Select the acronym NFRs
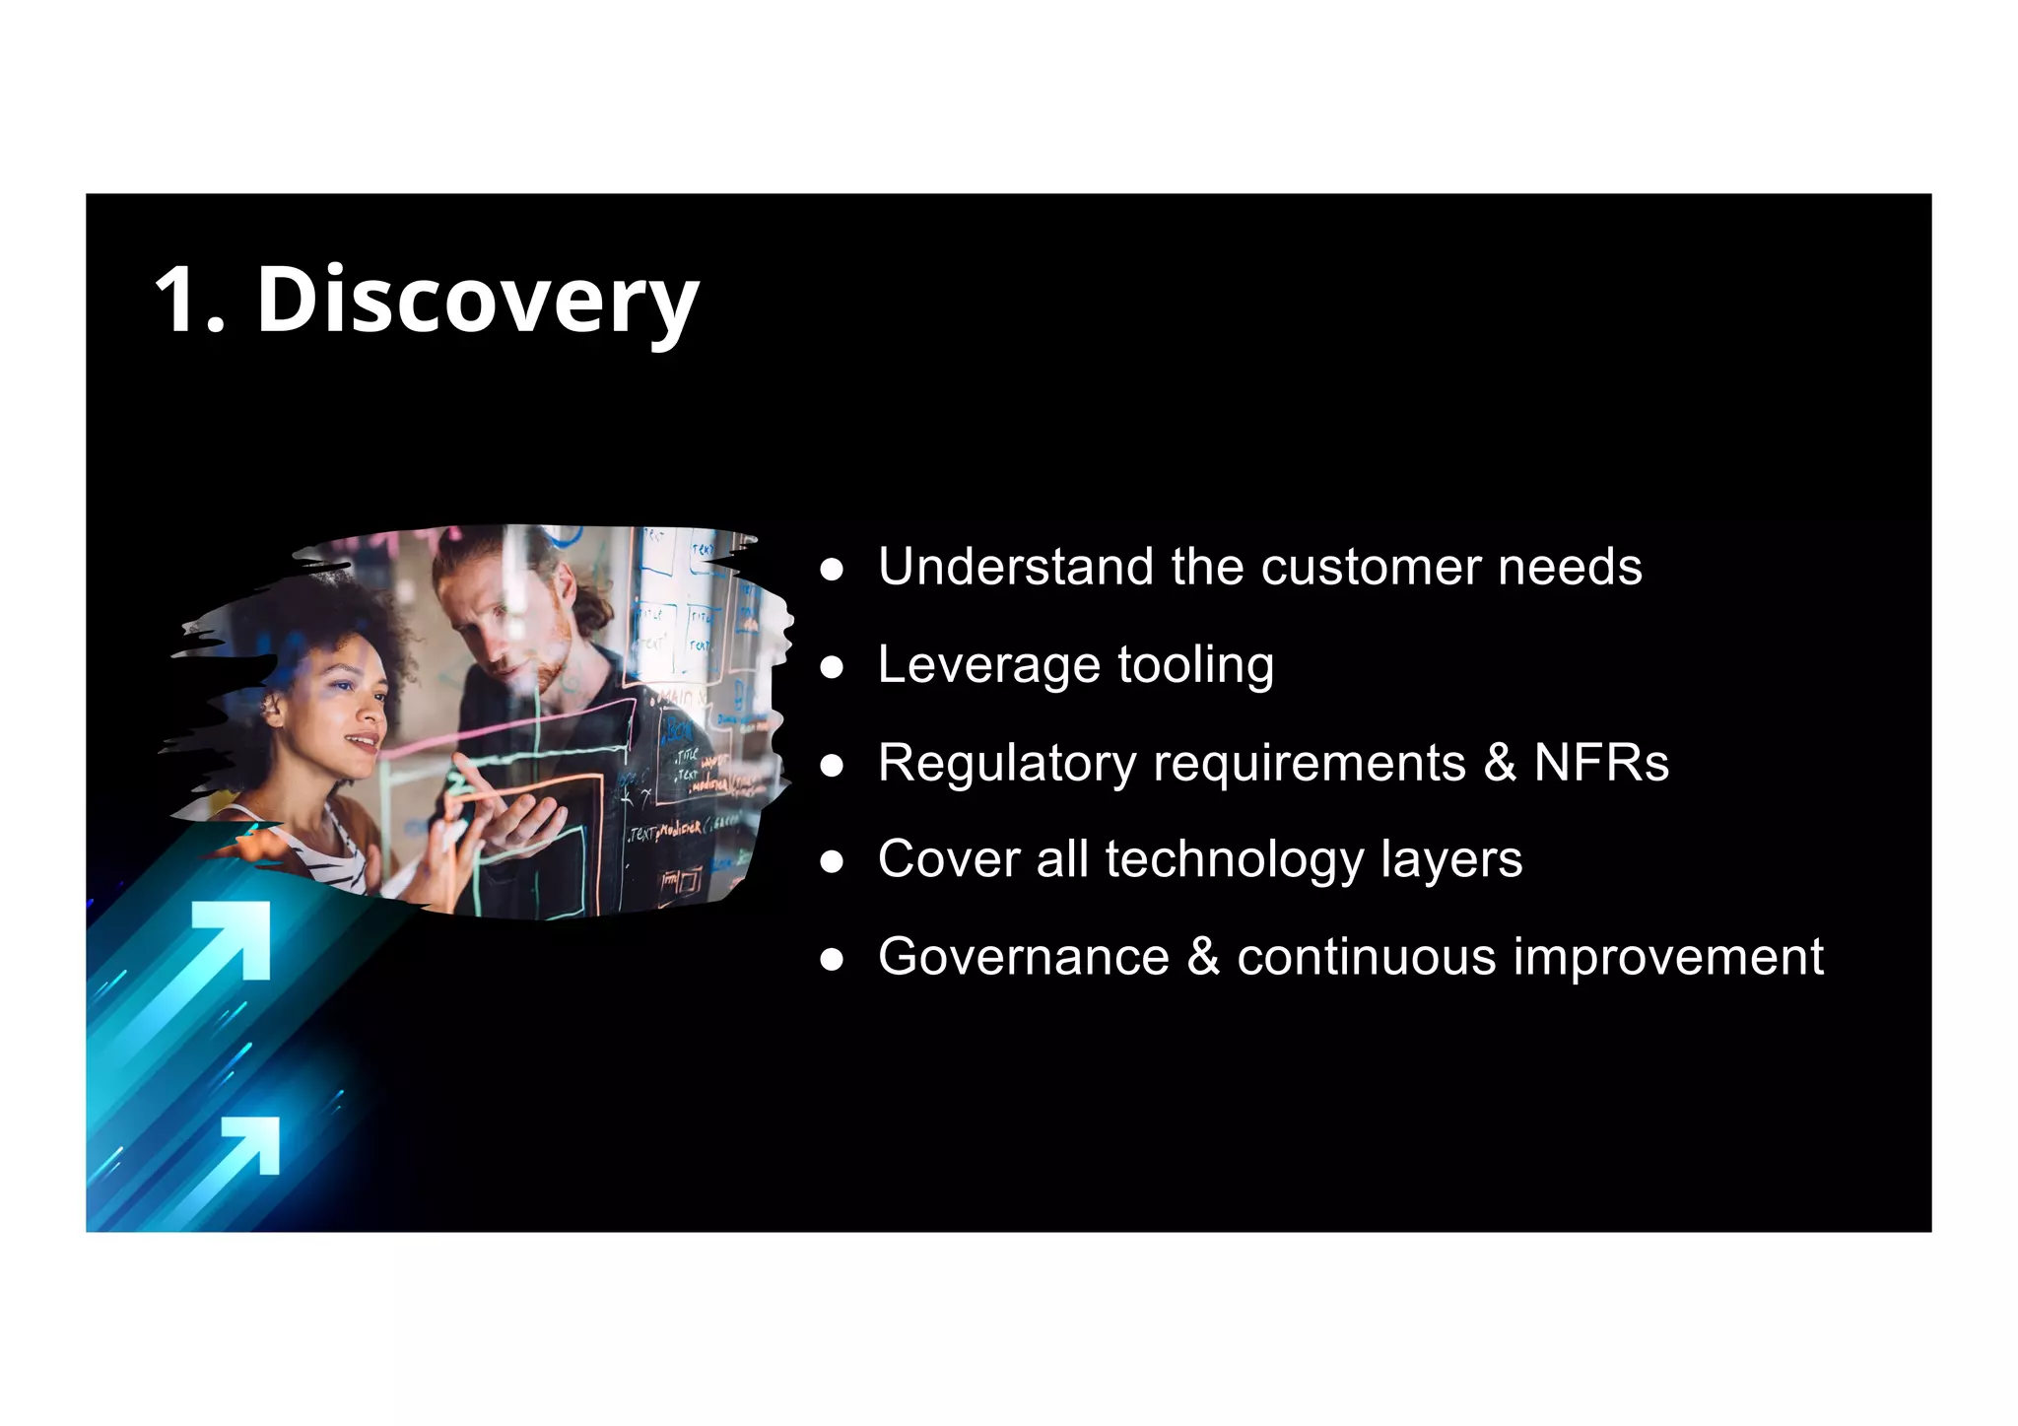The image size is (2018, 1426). point(1601,763)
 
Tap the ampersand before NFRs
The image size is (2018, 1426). point(1500,763)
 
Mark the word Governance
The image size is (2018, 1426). point(1024,957)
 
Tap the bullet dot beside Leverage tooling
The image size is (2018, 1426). point(833,667)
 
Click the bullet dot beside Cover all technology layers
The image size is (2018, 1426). point(833,862)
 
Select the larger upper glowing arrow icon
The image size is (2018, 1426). point(233,938)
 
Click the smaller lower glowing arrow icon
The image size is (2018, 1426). point(252,1144)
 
